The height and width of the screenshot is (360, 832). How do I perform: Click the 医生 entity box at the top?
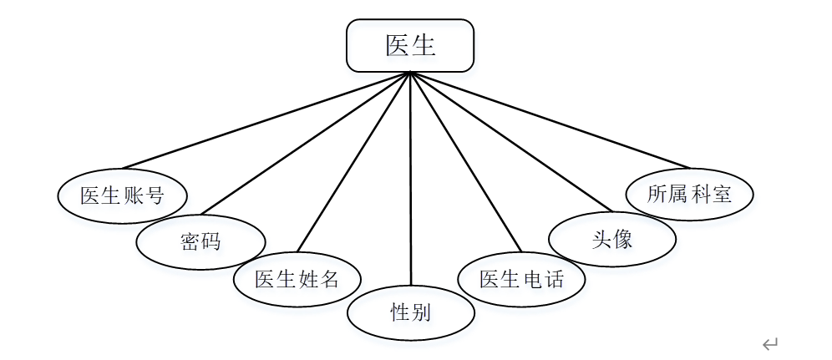click(x=410, y=45)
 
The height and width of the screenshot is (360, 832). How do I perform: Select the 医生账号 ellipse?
click(x=122, y=196)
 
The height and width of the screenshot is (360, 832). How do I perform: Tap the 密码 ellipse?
click(x=200, y=242)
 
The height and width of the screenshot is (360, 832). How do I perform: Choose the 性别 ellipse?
click(x=411, y=312)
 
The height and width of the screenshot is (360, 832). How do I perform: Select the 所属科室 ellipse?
click(x=690, y=195)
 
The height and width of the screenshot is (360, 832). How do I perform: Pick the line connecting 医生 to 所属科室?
click(x=551, y=119)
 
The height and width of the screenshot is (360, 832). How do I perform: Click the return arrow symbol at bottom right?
click(x=770, y=343)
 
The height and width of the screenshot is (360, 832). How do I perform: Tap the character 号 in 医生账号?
click(x=154, y=196)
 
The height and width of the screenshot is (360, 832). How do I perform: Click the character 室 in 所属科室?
click(x=722, y=195)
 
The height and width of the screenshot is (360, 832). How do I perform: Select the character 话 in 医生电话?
click(x=553, y=279)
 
